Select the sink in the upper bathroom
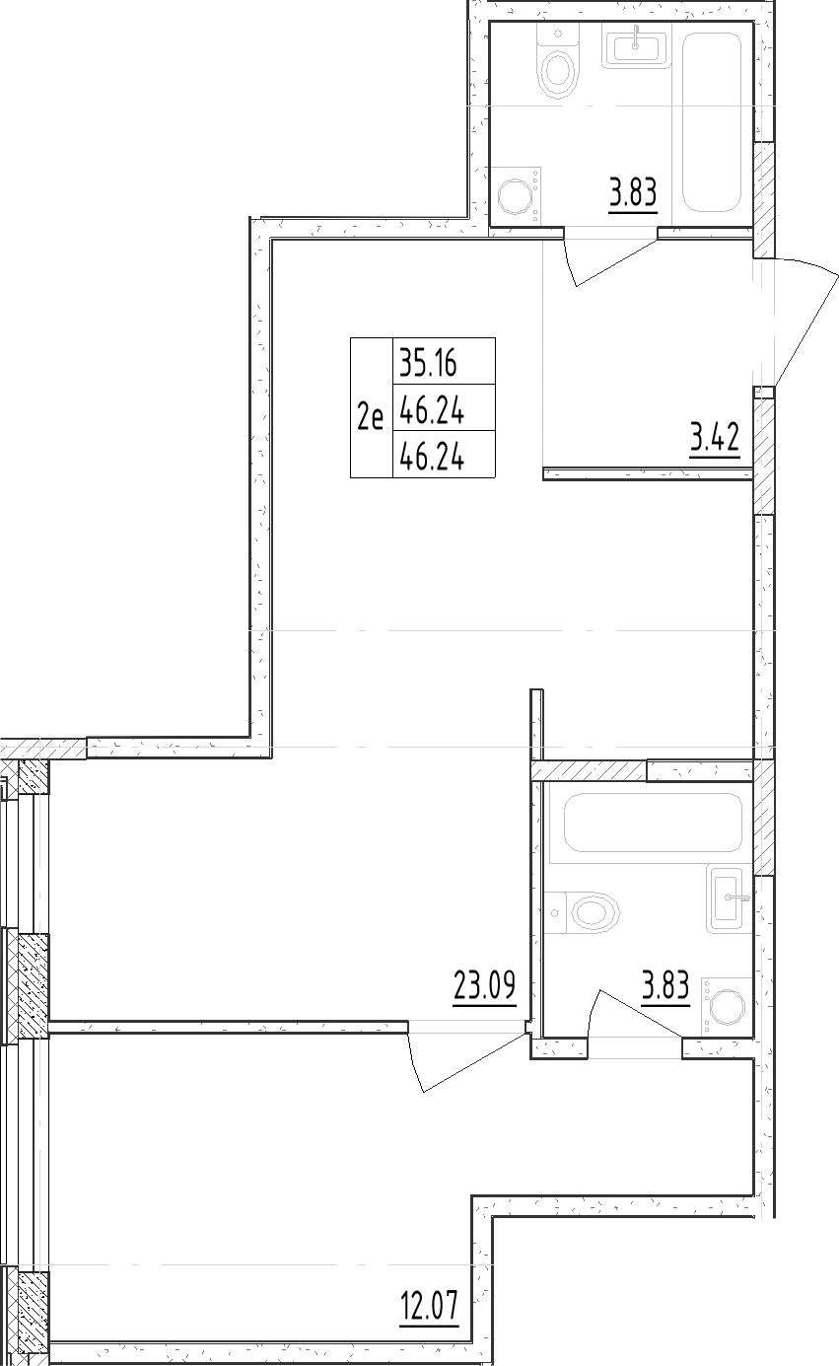pyautogui.click(x=636, y=46)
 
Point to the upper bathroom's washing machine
pyautogui.click(x=516, y=194)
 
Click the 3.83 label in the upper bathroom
pyautogui.click(x=632, y=192)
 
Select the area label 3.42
pyautogui.click(x=715, y=437)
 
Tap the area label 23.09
pyautogui.click(x=485, y=985)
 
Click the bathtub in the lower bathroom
pyautogui.click(x=652, y=823)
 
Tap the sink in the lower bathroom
pyautogui.click(x=729, y=898)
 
